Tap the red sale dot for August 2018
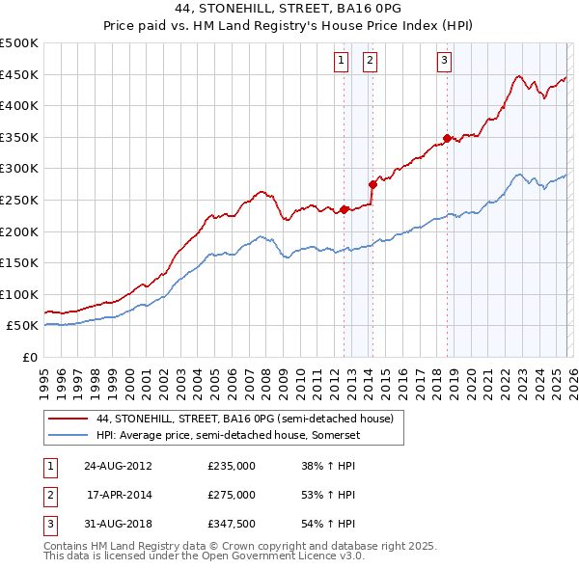(447, 138)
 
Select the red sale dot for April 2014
(372, 183)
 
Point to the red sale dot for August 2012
(345, 208)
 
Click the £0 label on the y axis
(31, 357)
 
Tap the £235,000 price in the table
(232, 466)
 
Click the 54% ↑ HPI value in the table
(329, 524)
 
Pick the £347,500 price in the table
(232, 524)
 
